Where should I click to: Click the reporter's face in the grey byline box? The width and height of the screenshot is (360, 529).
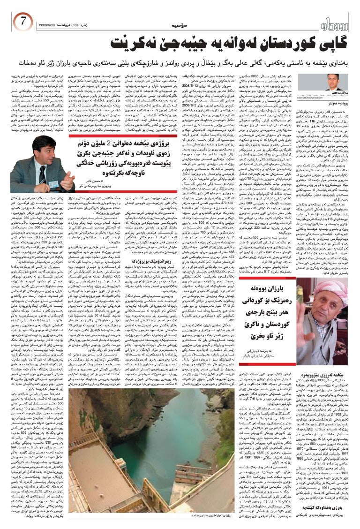point(333,80)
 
